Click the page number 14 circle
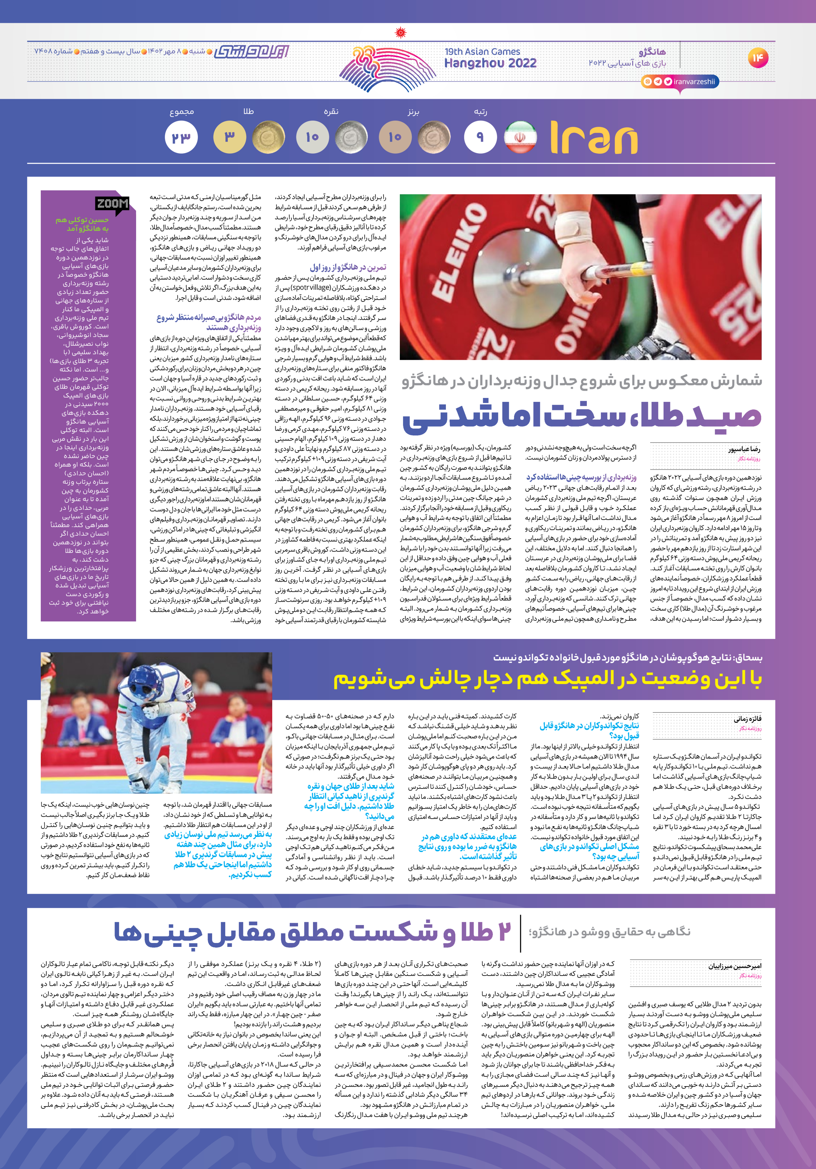[758, 57]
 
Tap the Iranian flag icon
[520, 137]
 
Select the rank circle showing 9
[480, 137]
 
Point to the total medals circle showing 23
[181, 137]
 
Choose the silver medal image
[352, 137]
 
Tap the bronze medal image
[434, 137]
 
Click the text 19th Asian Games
[482, 52]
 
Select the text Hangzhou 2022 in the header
[490, 63]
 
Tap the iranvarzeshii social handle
[694, 82]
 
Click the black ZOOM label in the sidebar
[112, 204]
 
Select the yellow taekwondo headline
[548, 679]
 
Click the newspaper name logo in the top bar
[252, 52]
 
